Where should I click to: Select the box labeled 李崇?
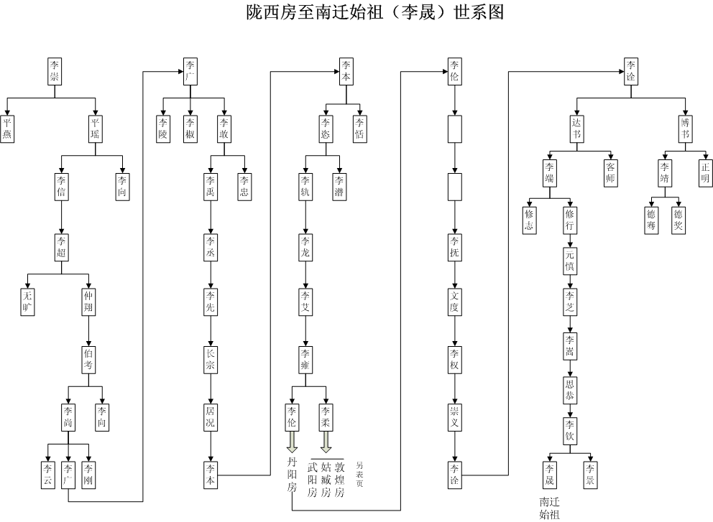(x=54, y=71)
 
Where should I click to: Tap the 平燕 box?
(x=8, y=128)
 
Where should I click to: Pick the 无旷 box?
(x=28, y=302)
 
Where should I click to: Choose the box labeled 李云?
(x=47, y=473)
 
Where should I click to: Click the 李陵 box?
(x=164, y=128)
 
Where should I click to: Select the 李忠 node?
(x=244, y=185)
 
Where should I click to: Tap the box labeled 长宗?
(x=210, y=359)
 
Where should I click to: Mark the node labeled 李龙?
(x=306, y=243)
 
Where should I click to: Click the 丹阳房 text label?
(x=291, y=475)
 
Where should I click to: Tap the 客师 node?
(x=610, y=170)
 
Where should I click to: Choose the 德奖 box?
(x=678, y=220)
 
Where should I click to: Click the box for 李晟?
(x=550, y=473)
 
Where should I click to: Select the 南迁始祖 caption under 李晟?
(x=550, y=508)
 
